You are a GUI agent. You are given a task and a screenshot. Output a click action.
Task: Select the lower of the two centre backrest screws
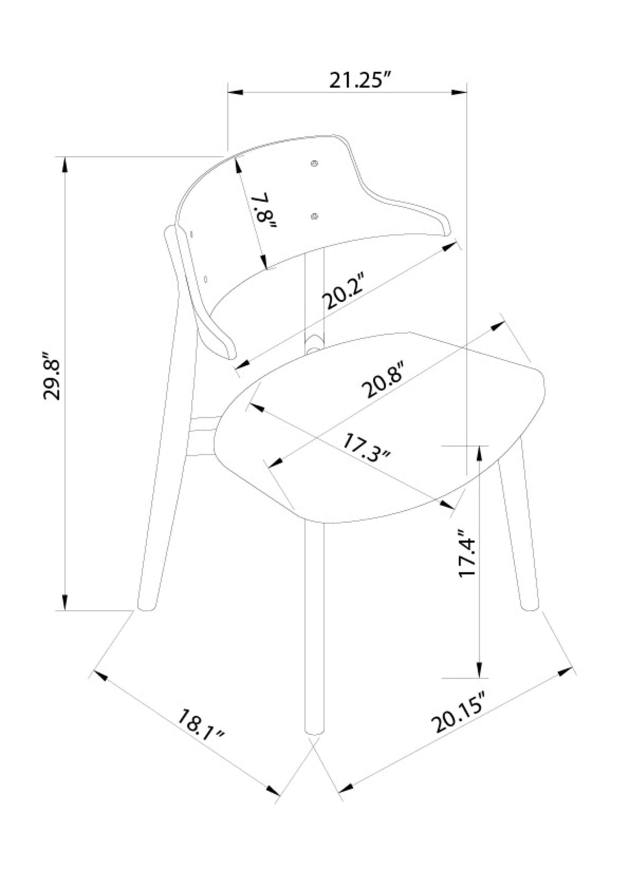pyautogui.click(x=314, y=216)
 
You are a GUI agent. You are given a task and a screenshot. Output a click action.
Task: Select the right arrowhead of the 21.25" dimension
pyautogui.click(x=460, y=92)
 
